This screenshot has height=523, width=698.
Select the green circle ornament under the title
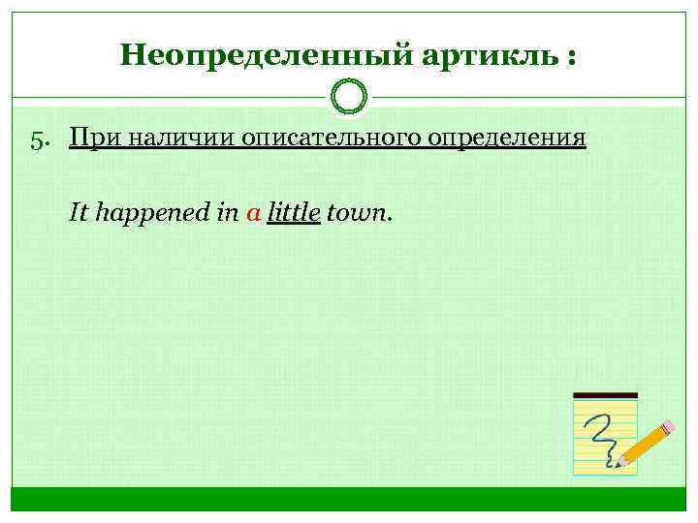point(349,97)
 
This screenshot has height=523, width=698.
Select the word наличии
point(180,138)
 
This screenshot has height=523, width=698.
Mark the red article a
point(253,213)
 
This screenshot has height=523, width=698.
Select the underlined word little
point(294,212)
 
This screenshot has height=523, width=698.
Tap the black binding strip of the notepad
point(606,395)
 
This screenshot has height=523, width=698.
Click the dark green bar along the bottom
point(349,498)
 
